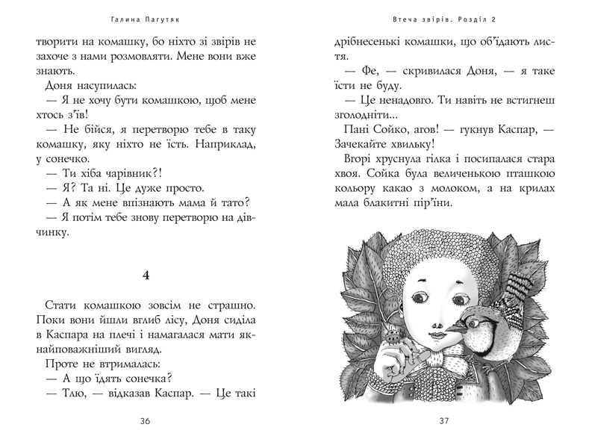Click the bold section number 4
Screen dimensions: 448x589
click(146, 276)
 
